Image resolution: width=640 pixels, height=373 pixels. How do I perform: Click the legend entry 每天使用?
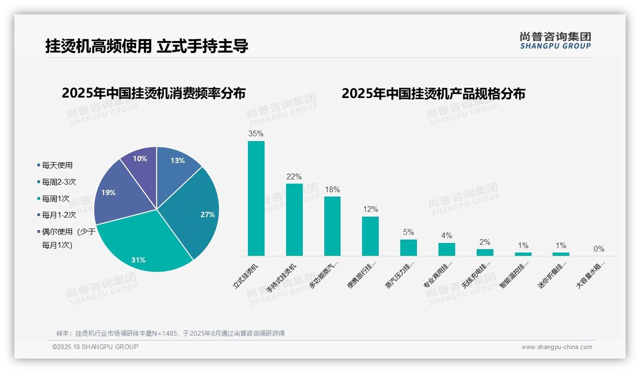(57, 165)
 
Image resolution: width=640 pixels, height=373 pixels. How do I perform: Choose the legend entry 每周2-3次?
(59, 182)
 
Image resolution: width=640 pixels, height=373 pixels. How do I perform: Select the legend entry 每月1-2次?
(59, 215)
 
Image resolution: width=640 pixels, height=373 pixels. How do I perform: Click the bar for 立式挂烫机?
(256, 198)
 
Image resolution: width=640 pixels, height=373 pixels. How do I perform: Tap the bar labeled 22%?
(294, 220)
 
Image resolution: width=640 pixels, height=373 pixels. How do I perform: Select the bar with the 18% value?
(332, 226)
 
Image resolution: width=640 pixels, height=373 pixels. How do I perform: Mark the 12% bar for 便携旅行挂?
(370, 236)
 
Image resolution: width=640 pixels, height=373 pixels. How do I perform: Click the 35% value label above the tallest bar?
(256, 134)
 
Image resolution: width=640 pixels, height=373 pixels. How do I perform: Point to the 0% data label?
(599, 249)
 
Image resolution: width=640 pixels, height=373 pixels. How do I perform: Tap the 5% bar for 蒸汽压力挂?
(408, 248)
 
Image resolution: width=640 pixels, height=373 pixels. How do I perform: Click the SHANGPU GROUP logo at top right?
(555, 41)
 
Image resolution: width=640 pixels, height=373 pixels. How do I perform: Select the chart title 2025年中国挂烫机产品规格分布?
(433, 94)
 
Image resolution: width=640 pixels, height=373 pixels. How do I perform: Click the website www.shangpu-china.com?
(556, 347)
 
